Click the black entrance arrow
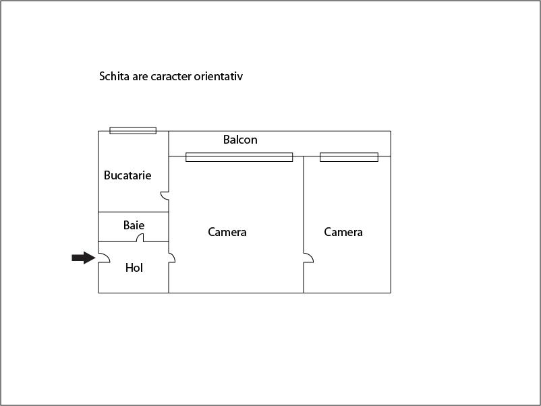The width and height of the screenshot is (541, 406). click(84, 258)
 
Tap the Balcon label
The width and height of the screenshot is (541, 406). click(240, 140)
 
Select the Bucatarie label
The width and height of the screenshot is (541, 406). click(127, 175)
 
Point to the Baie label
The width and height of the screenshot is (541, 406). click(134, 225)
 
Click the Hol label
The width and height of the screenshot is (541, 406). click(134, 268)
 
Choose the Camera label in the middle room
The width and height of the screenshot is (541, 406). click(227, 232)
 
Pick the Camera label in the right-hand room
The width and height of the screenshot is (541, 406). click(343, 232)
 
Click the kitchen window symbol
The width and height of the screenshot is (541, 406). click(133, 130)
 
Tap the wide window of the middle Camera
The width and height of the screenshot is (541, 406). click(239, 157)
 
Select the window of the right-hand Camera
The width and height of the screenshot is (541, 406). click(349, 157)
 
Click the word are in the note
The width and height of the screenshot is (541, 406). click(140, 78)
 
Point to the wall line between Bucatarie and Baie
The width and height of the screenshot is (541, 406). click(133, 212)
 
